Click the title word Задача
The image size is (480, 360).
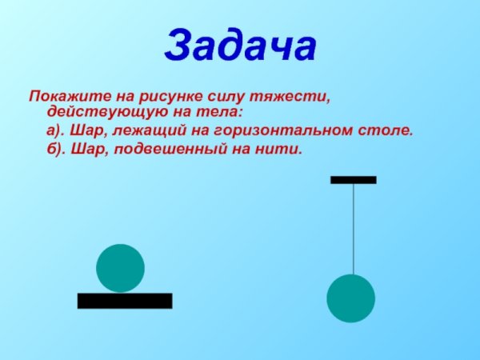coord(240,45)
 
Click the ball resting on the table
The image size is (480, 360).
coord(120,268)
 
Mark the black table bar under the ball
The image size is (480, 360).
coord(125,301)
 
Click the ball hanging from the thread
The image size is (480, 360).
coord(350,298)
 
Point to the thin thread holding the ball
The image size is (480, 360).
coord(354,228)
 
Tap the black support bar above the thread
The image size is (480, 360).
coord(354,180)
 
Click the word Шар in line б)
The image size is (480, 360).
coord(85,149)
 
